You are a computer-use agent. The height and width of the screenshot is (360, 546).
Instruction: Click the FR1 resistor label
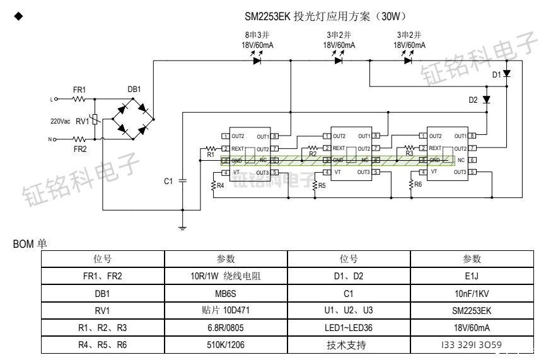click(79, 90)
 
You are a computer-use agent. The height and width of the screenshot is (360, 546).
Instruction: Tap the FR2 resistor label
click(79, 149)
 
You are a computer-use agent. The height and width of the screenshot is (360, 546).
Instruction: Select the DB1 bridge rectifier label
click(134, 90)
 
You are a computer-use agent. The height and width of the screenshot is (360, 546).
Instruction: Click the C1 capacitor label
click(168, 182)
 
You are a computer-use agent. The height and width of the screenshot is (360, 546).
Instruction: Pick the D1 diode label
click(497, 74)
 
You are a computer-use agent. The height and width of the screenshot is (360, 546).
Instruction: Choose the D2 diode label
click(473, 100)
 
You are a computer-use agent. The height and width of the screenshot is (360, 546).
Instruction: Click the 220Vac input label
click(61, 120)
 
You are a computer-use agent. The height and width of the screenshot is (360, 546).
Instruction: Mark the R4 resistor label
click(220, 186)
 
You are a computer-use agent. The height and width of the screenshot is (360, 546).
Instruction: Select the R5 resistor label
click(322, 186)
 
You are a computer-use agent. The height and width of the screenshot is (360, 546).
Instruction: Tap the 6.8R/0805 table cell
click(226, 327)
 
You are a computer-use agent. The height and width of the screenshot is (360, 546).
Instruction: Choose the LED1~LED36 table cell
click(349, 327)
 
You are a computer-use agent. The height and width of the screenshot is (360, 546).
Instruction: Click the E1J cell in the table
click(471, 276)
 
